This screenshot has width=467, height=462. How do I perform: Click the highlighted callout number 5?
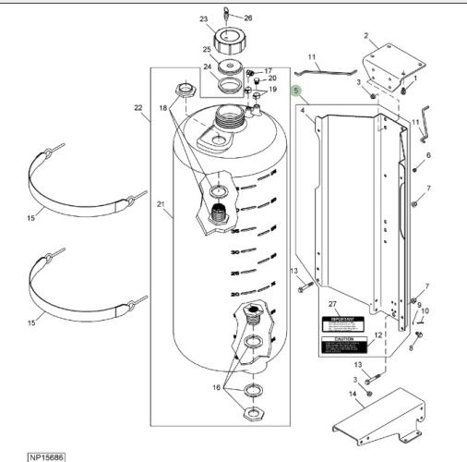point(296,91)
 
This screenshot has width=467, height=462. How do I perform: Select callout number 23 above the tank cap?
point(203,18)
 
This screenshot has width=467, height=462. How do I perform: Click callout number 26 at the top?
point(248,18)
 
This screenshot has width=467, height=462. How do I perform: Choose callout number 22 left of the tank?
point(138,109)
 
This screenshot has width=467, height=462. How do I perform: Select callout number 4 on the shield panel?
point(302,110)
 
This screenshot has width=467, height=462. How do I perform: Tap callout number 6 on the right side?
point(427,154)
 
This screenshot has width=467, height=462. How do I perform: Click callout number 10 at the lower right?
point(425,312)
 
